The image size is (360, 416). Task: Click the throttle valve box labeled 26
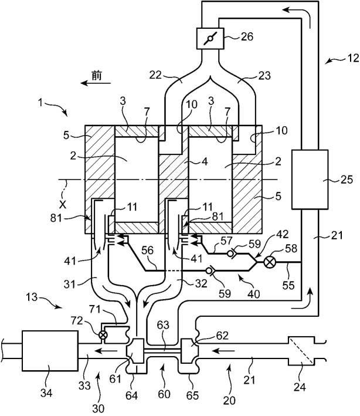(x=210, y=39)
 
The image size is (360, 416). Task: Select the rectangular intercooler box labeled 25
(x=310, y=180)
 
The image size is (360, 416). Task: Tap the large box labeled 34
(x=50, y=350)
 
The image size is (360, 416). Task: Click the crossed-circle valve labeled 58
(x=270, y=262)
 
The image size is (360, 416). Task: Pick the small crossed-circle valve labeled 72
(x=103, y=335)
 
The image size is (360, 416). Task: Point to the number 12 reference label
(x=353, y=58)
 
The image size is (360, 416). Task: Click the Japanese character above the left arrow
(x=97, y=76)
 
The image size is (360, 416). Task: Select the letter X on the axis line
(x=63, y=204)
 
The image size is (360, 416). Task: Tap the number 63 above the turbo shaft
(x=163, y=324)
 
